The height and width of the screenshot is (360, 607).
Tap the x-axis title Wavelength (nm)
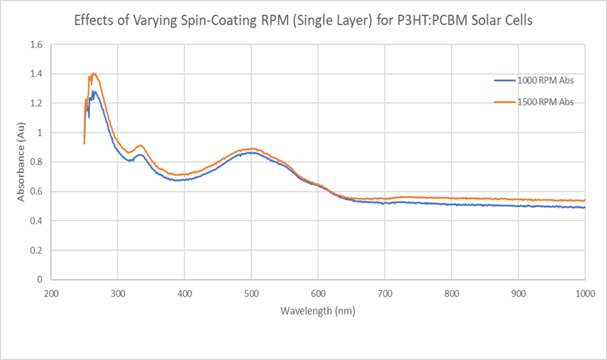click(318, 310)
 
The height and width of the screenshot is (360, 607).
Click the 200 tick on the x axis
click(51, 293)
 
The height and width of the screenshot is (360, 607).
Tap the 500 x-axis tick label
click(252, 293)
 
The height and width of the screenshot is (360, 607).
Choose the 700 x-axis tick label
click(384, 293)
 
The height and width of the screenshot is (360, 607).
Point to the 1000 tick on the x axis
click(584, 293)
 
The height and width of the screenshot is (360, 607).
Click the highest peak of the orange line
click(94, 74)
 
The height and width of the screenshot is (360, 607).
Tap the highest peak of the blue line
click(93, 91)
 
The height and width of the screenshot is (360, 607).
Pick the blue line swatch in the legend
click(504, 80)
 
